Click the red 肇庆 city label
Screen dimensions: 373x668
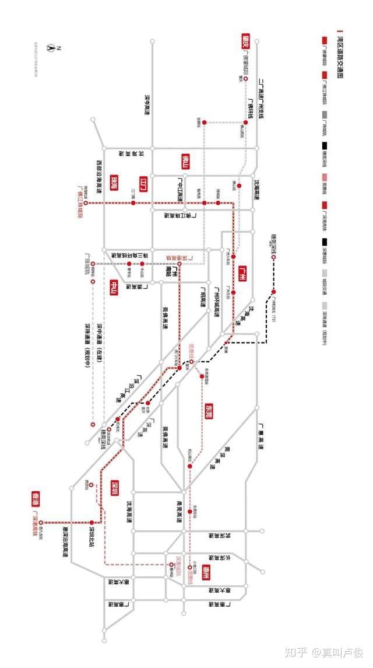pyautogui.click(x=245, y=41)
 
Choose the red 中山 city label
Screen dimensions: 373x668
pyautogui.click(x=114, y=288)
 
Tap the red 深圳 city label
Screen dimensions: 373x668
pyautogui.click(x=115, y=487)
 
